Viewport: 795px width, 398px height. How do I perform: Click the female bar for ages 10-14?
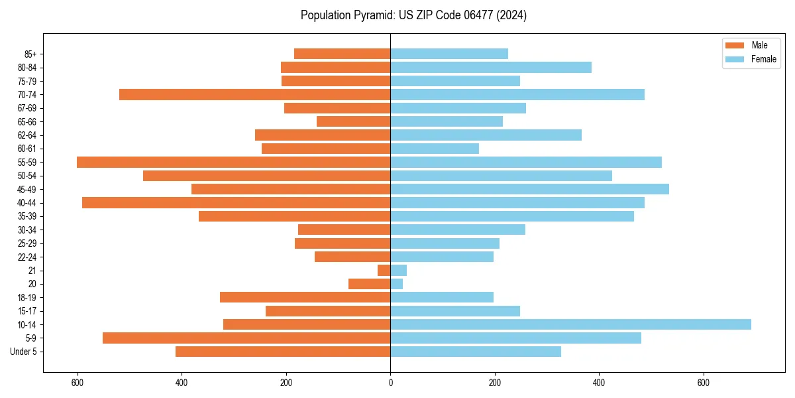570,324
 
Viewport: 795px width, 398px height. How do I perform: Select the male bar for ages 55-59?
234,162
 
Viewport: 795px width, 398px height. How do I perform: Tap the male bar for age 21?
384,271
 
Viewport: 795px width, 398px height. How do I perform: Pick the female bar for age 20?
397,284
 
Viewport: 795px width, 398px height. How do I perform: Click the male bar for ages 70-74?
255,94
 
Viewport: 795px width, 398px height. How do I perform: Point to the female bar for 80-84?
491,67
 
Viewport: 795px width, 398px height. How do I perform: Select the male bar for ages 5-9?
246,338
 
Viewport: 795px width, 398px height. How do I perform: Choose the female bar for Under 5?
476,352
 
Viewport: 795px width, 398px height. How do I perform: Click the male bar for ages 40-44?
237,202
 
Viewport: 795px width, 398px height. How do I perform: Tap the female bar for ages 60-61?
435,149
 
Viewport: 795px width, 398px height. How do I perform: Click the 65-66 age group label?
27,121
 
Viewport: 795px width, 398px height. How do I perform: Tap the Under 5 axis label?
24,352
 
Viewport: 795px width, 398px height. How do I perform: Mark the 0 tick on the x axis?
390,383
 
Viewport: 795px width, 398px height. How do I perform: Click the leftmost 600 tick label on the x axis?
78,383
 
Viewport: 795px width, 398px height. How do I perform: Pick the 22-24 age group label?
27,257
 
